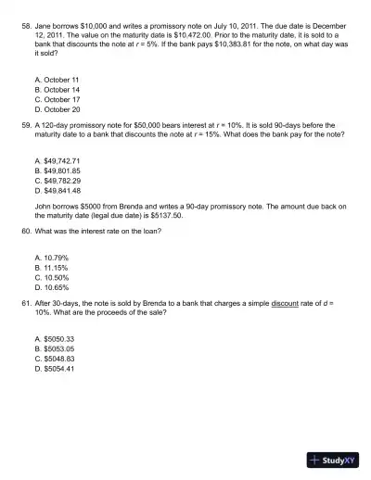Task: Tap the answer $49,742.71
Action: pos(60,160)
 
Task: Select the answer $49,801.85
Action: pos(60,171)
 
